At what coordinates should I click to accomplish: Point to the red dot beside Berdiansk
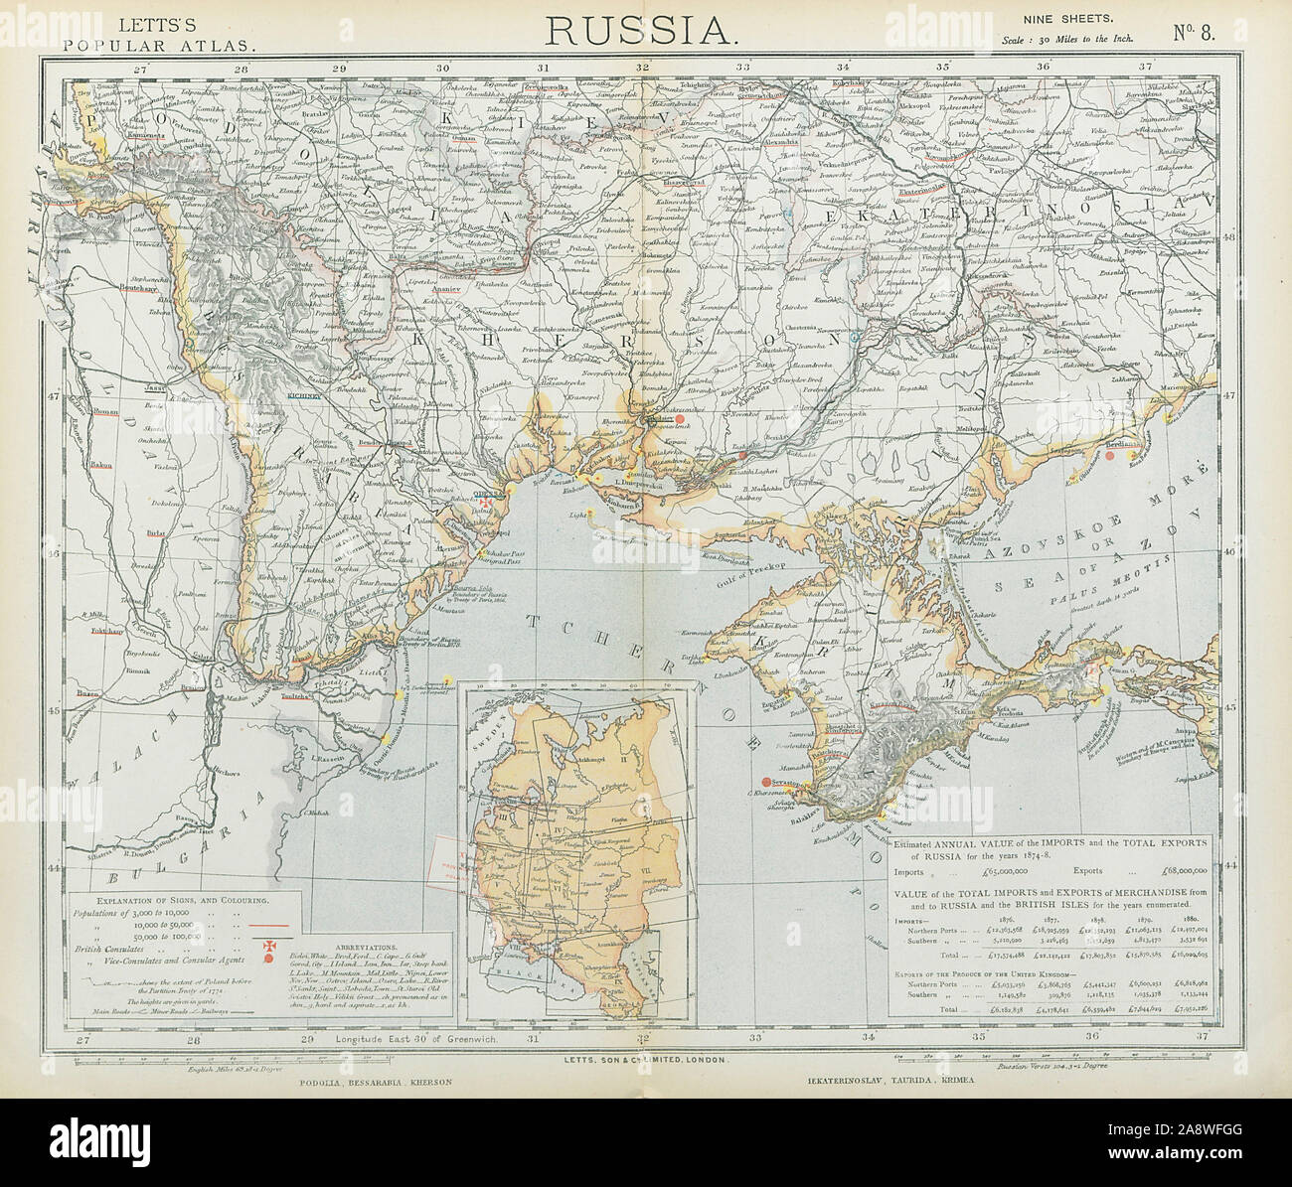[x=1111, y=457]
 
